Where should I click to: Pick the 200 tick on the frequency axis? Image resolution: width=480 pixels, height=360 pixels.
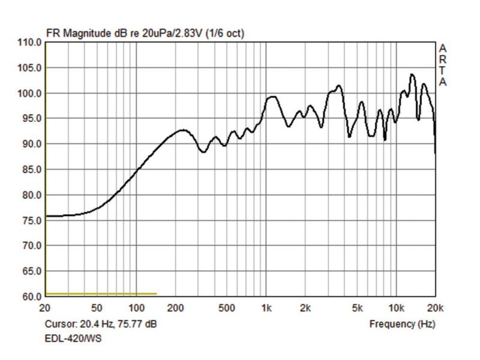coord(175,308)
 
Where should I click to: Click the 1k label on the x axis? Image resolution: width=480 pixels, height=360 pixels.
coord(266,308)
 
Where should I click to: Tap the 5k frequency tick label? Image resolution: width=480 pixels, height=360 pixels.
coord(357,308)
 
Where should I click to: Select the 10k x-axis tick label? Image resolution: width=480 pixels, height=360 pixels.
coord(396,308)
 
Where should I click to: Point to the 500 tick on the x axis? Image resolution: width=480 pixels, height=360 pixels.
coord(227,308)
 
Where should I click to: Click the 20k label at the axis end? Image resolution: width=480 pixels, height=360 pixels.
coord(435,308)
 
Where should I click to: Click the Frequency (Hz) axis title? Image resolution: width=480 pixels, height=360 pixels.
coord(402,324)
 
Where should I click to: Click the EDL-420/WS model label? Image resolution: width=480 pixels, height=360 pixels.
coord(73,338)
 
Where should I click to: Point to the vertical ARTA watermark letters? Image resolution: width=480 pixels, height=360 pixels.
coord(443,65)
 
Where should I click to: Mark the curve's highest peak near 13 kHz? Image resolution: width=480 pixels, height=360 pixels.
coord(412,74)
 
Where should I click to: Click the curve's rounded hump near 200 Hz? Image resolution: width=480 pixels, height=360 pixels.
coord(182,130)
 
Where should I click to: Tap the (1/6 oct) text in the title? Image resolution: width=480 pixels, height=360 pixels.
coord(224,33)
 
